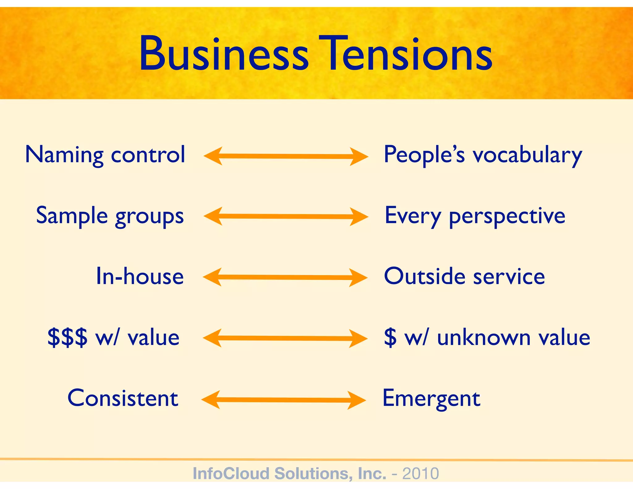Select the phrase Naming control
(105, 155)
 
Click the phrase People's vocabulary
(483, 155)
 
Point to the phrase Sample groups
(110, 216)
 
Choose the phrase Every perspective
(475, 216)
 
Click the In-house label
(140, 276)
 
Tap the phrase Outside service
(464, 276)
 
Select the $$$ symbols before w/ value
(67, 337)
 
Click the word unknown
(484, 337)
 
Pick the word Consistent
(123, 398)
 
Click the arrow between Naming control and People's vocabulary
(286, 156)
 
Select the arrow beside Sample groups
(286, 216)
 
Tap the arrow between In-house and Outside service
(285, 277)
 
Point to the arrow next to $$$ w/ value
(285, 338)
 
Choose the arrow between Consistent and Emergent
(284, 400)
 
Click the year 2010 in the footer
(420, 474)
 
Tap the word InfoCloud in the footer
(231, 474)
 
